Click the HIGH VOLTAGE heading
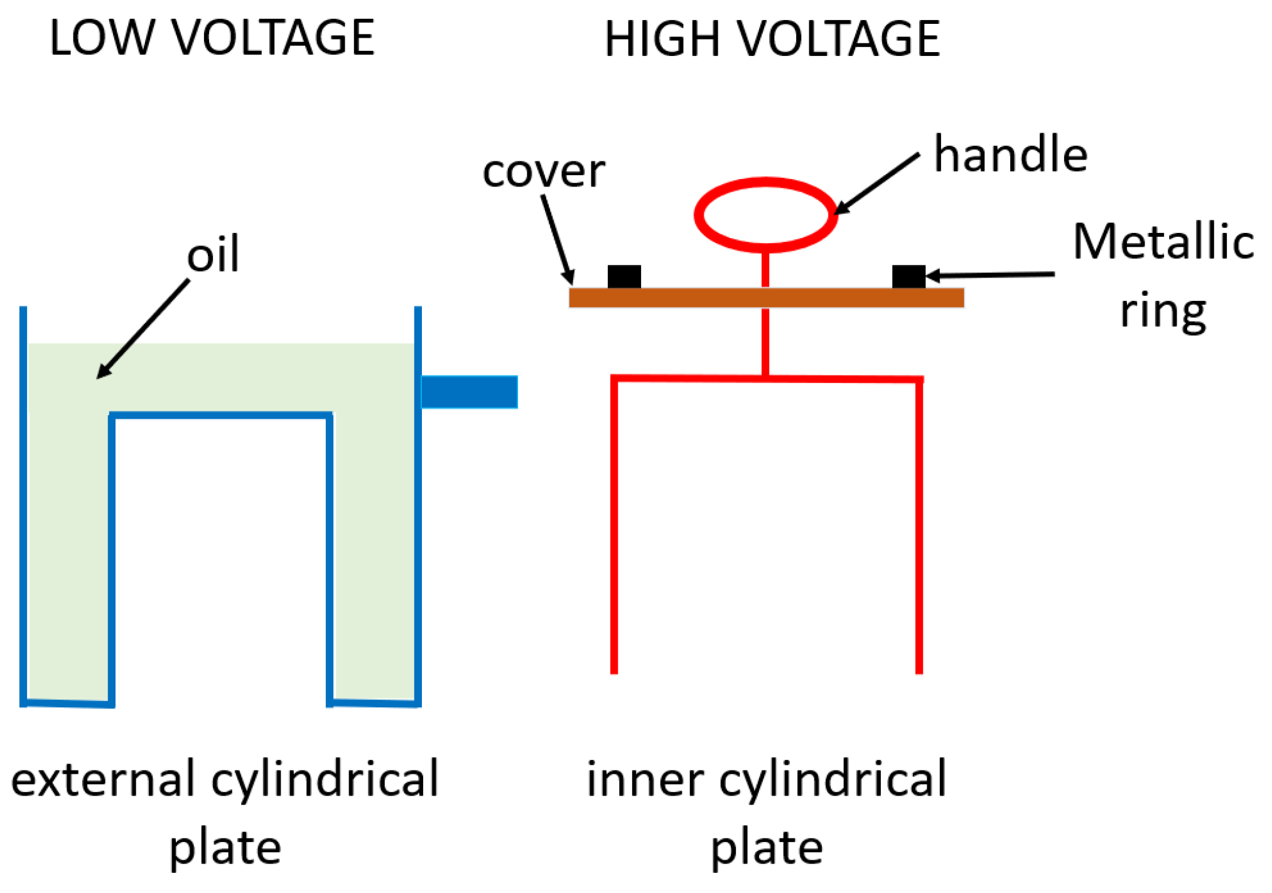coord(772,39)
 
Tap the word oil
coord(213,254)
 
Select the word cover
coord(543,171)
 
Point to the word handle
coord(1010,154)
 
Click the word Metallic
coord(1163,242)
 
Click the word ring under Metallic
coord(1163,311)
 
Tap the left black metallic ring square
coord(624,276)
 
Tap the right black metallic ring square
coord(908,276)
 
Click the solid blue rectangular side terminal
coord(469,392)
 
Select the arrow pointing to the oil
coord(143,329)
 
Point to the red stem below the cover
coord(765,342)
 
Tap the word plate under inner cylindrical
coord(766,848)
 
